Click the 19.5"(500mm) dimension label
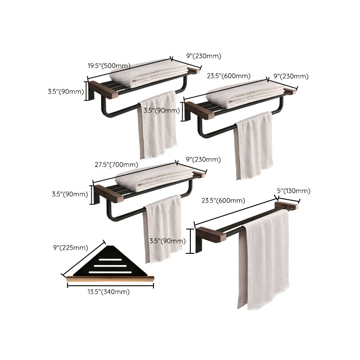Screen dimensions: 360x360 click(109, 65)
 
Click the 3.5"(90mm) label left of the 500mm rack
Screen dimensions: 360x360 click(66, 91)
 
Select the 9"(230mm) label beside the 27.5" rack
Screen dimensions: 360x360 click(203, 159)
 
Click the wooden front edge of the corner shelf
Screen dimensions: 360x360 click(110, 279)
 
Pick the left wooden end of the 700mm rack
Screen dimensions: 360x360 click(108, 193)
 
